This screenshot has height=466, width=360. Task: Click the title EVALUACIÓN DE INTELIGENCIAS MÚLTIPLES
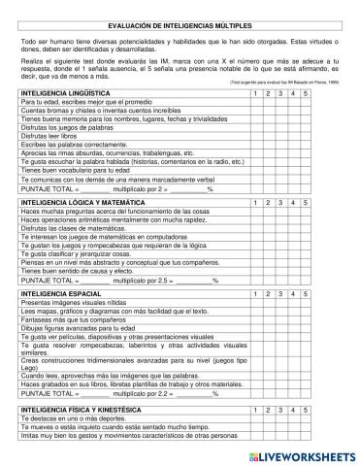coord(180,31)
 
